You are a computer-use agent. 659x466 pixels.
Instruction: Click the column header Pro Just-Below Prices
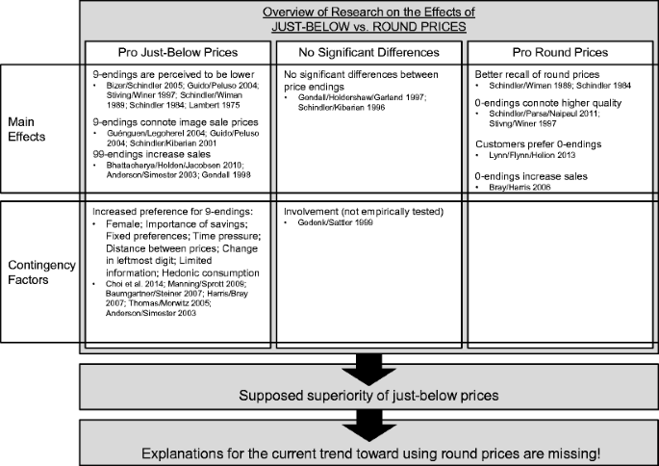pyautogui.click(x=178, y=48)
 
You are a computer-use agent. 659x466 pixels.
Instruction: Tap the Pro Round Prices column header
pyautogui.click(x=560, y=48)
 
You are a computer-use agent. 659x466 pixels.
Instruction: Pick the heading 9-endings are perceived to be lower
pyautogui.click(x=160, y=73)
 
